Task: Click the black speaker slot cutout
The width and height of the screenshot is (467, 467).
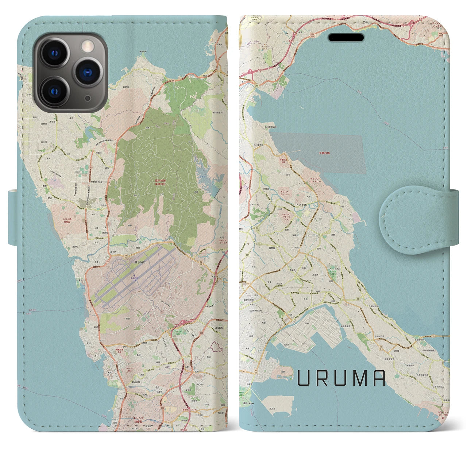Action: (x=346, y=38)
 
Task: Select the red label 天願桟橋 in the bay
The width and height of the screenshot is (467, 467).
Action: (x=322, y=153)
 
